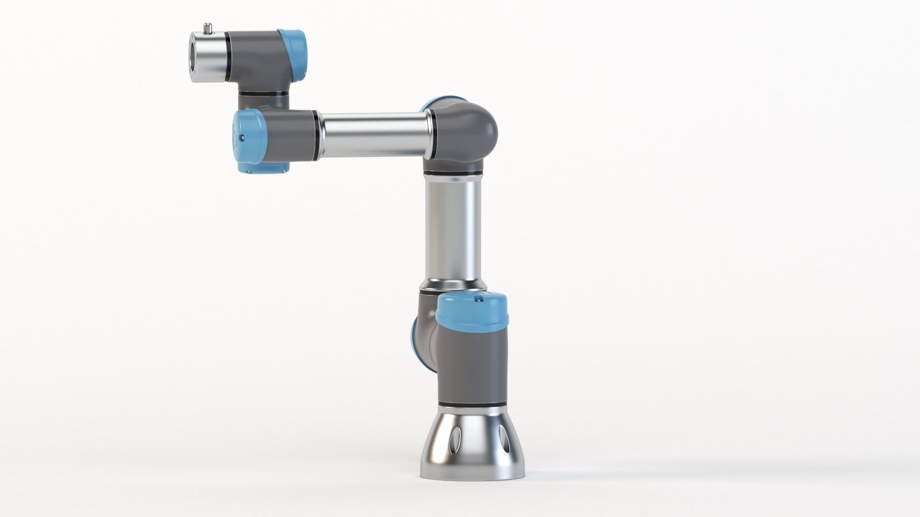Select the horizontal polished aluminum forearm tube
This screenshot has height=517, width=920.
tap(374, 136)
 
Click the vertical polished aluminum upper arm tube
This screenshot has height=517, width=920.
tap(453, 230)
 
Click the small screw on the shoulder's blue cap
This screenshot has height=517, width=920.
tap(477, 299)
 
